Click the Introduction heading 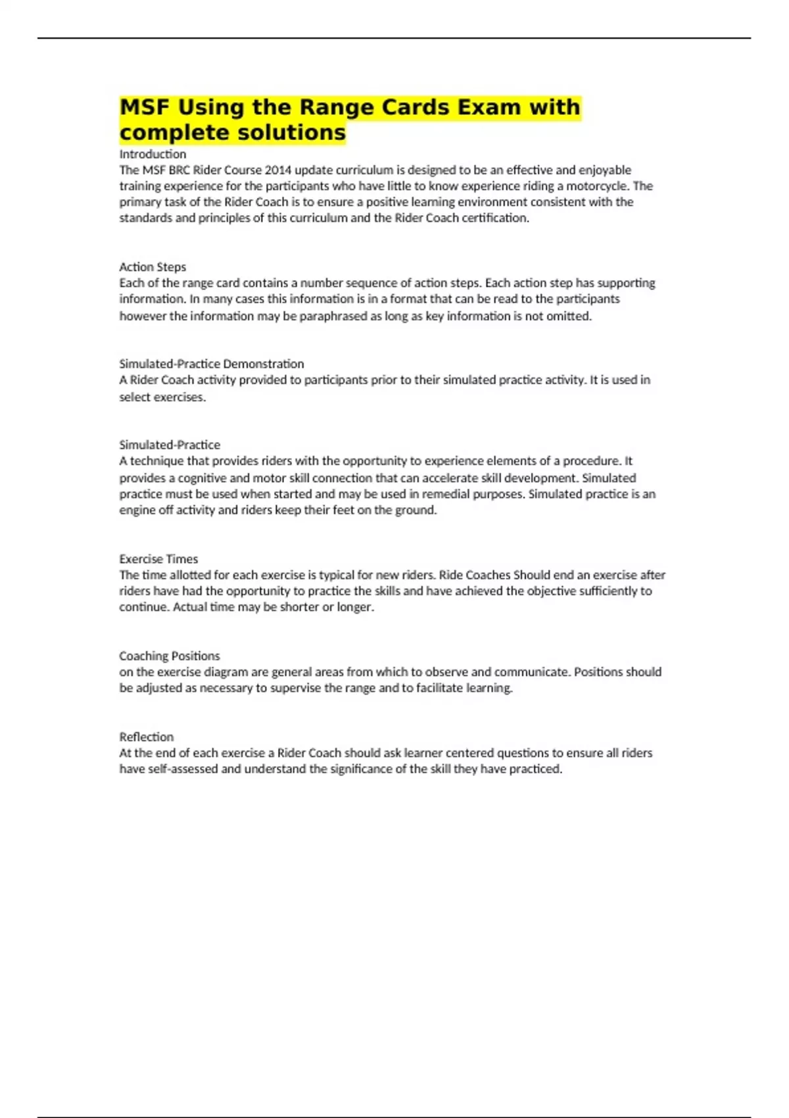(x=153, y=154)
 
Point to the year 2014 (x=278, y=170)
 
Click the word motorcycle (x=596, y=185)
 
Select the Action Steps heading (x=153, y=267)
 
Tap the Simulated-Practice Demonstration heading (x=211, y=364)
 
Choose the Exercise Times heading (x=158, y=559)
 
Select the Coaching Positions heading (x=170, y=656)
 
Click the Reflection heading (x=147, y=737)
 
